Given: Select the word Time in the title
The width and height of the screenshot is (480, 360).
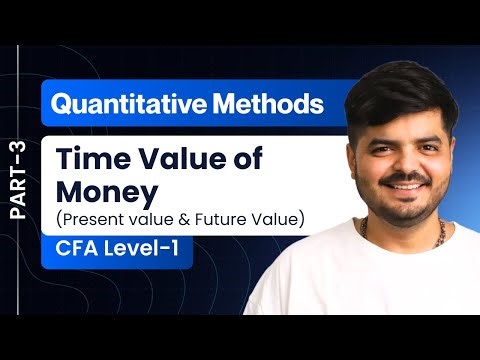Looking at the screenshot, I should point(88,160).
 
